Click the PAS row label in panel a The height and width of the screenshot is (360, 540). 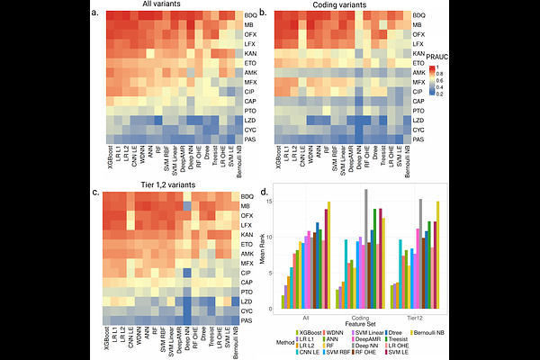point(249,139)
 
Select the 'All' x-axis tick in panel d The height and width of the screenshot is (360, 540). point(308,317)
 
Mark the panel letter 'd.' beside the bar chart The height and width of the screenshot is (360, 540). point(264,192)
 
